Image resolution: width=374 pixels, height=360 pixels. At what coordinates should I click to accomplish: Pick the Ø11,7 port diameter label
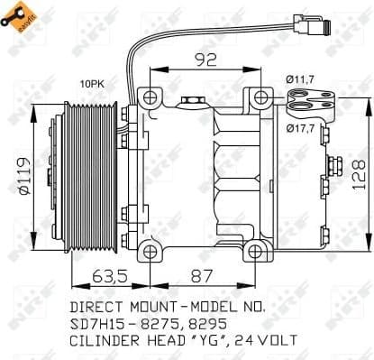(300, 80)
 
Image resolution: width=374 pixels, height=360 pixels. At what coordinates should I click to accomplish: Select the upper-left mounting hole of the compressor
(146, 97)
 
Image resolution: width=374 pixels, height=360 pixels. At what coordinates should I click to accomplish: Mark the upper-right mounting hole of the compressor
(260, 97)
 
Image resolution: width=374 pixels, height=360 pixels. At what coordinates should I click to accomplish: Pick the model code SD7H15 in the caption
(98, 324)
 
